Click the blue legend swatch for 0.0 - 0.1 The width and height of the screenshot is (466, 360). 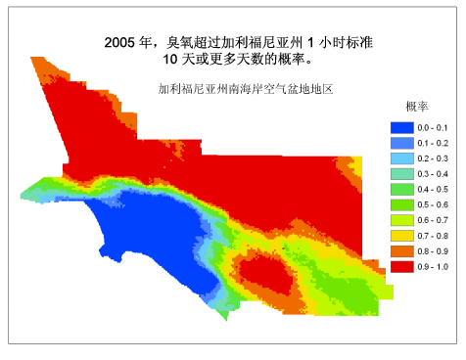401,128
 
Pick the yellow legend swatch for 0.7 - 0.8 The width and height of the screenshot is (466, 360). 401,236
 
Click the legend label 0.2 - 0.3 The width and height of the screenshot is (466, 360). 434,158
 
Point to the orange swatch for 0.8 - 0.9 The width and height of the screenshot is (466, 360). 401,250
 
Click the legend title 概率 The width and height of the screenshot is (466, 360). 415,106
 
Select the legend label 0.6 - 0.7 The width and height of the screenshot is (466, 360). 434,220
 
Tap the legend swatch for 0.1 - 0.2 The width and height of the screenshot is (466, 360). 401,143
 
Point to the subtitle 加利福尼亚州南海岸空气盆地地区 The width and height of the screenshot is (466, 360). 247,89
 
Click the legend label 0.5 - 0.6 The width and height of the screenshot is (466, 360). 434,204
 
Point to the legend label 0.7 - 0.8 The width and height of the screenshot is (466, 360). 434,236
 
